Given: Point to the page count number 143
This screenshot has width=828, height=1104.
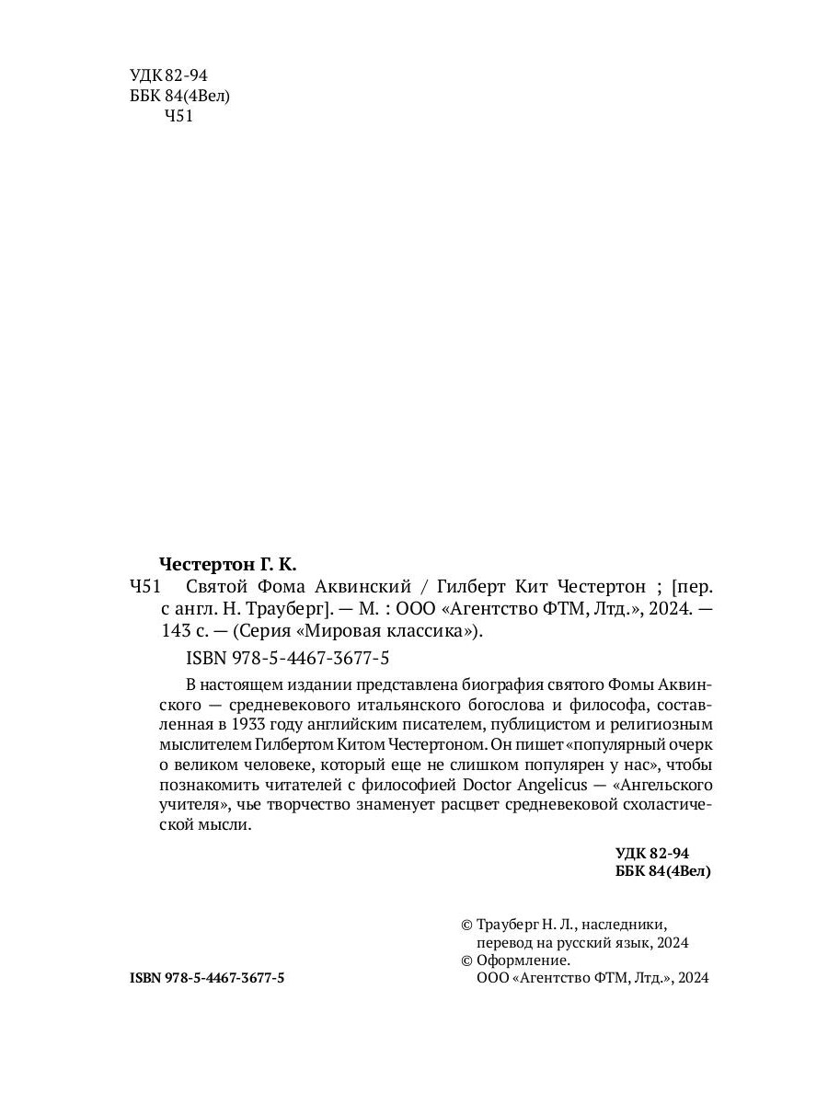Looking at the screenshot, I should click(x=174, y=631).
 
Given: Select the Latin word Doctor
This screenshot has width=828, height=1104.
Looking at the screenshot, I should click(x=492, y=786).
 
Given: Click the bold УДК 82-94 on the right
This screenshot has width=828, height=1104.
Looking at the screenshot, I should click(x=651, y=853).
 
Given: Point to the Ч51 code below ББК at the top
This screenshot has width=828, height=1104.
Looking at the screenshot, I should click(x=178, y=116).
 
